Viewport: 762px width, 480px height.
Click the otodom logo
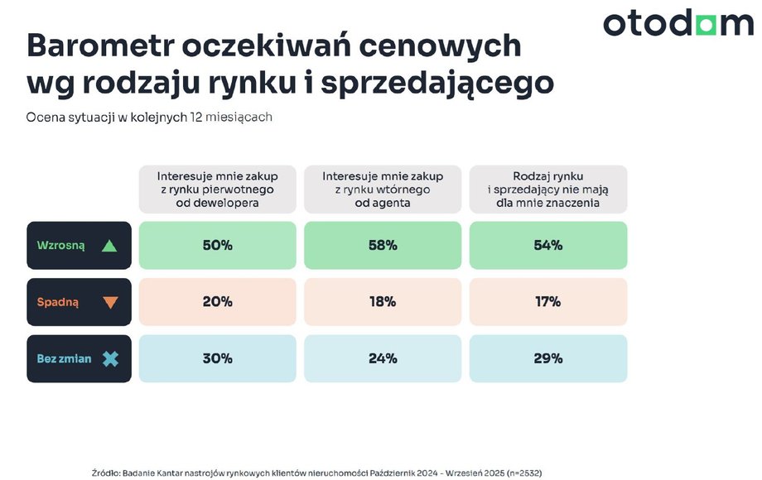678,24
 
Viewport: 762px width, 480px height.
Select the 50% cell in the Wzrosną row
217,245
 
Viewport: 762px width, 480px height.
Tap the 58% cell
383,245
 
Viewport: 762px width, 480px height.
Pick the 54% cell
548,245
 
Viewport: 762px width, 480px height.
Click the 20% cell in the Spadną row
217,302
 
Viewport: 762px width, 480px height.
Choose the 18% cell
383,302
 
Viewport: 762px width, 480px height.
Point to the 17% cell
548,302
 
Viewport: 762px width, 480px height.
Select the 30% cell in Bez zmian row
217,358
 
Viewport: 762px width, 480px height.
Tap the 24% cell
383,358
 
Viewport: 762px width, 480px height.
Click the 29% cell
548,358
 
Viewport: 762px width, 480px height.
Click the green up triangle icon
110,246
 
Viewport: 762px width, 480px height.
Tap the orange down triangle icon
110,303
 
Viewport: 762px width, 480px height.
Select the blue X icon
110,359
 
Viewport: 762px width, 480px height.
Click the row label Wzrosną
60,246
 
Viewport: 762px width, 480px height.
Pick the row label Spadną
58,303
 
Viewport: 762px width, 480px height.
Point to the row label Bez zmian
64,359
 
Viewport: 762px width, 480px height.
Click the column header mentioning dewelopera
217,190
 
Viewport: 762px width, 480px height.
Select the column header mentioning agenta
383,190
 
